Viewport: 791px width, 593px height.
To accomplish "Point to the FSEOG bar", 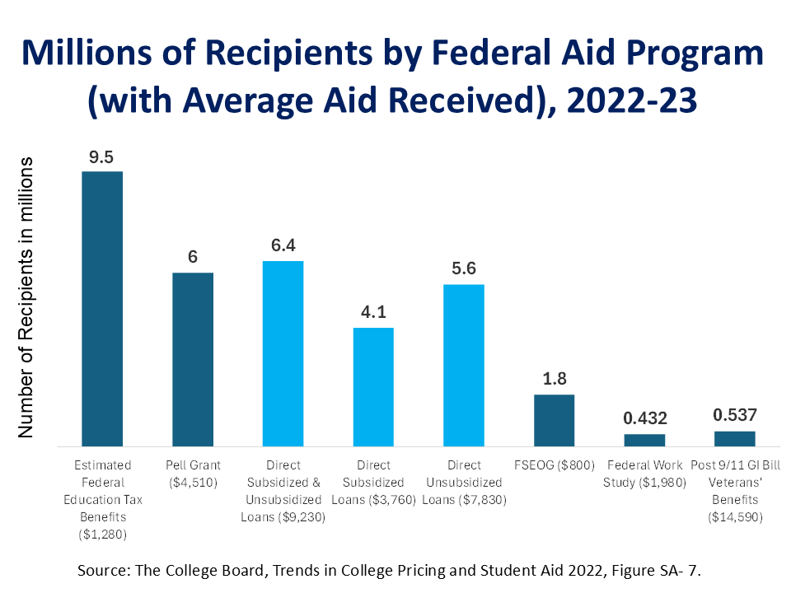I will pyautogui.click(x=555, y=419).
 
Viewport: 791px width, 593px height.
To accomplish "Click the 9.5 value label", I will pyautogui.click(x=101, y=157).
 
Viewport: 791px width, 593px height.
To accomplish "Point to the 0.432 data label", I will pyautogui.click(x=644, y=418).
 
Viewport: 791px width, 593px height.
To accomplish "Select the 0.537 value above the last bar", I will pyautogui.click(x=735, y=415).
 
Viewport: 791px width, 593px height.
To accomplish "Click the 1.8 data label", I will pyautogui.click(x=554, y=380).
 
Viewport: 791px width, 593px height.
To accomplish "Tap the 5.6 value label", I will pyautogui.click(x=463, y=269).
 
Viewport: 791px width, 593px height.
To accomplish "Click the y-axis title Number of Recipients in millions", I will pyautogui.click(x=26, y=296).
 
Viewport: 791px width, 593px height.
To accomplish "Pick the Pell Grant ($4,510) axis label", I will pyautogui.click(x=193, y=474).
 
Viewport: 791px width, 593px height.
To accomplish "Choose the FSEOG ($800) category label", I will pyautogui.click(x=555, y=465).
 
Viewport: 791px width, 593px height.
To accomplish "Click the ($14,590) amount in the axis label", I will pyautogui.click(x=735, y=517).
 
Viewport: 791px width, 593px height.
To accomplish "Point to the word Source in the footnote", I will pyautogui.click(x=101, y=570).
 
